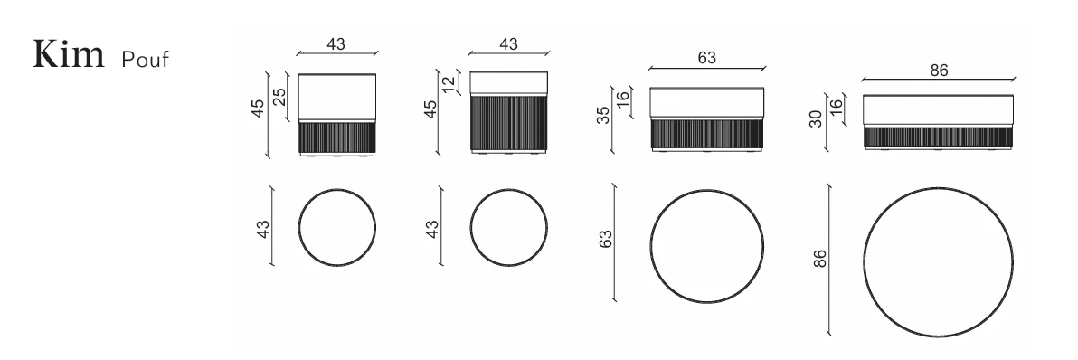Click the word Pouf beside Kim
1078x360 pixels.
pyautogui.click(x=145, y=60)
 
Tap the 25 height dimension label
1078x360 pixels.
pyautogui.click(x=279, y=98)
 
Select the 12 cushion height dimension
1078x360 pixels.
pyautogui.click(x=449, y=84)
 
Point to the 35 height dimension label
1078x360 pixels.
pyautogui.click(x=603, y=115)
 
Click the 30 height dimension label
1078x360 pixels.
pyautogui.click(x=816, y=118)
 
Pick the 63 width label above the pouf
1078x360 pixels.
pyautogui.click(x=706, y=58)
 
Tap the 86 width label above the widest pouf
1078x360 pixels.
pyautogui.click(x=939, y=70)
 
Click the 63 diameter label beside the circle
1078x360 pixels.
pyautogui.click(x=606, y=239)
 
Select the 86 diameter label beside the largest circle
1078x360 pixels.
pyautogui.click(x=819, y=259)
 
